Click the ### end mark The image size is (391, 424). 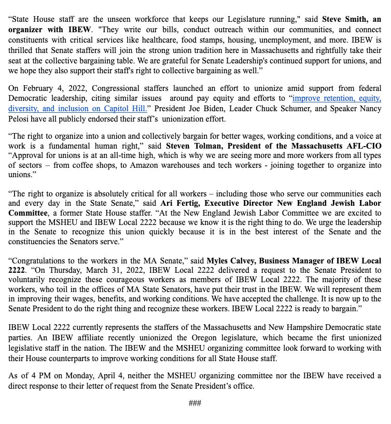195,403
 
